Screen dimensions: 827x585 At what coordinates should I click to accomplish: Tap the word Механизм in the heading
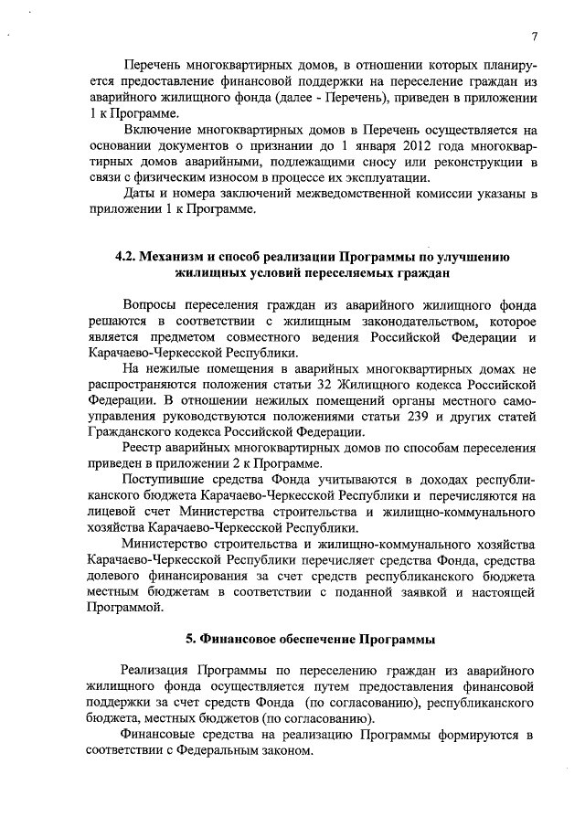click(174, 257)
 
